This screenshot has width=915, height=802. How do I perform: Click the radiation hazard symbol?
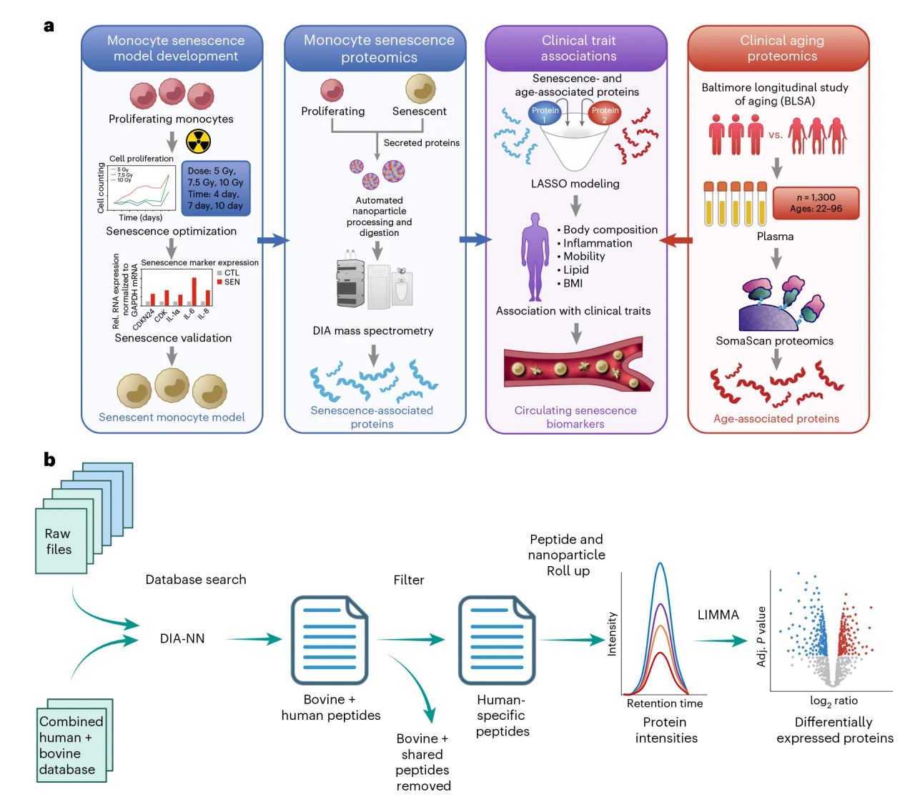[x=198, y=142]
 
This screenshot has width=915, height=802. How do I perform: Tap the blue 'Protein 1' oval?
[x=545, y=113]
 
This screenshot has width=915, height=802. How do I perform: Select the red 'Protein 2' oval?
[x=605, y=113]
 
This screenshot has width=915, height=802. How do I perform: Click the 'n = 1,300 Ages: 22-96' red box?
[x=816, y=203]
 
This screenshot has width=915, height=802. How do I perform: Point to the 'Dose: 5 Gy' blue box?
[x=216, y=188]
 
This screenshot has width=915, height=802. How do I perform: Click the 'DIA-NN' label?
[x=182, y=638]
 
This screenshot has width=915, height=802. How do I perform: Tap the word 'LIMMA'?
[x=718, y=615]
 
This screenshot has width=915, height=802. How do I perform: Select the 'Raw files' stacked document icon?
[x=61, y=540]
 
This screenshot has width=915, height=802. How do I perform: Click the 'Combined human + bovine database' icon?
[x=71, y=744]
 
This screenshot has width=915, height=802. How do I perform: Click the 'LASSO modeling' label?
[x=575, y=184]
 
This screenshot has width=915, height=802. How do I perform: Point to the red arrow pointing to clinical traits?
[x=676, y=240]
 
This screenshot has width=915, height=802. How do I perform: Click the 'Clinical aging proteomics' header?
[x=782, y=48]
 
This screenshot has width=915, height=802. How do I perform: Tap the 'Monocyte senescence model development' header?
[x=176, y=48]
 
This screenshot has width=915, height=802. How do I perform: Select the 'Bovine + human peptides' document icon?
[x=330, y=640]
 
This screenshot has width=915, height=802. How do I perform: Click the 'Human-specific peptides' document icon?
[x=497, y=640]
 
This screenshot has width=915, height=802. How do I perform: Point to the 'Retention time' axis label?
[x=665, y=703]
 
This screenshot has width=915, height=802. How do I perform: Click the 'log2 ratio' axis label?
[x=834, y=701]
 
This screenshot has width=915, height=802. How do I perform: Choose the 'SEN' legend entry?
[x=228, y=282]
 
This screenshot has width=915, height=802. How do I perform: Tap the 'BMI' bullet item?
[x=572, y=283]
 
